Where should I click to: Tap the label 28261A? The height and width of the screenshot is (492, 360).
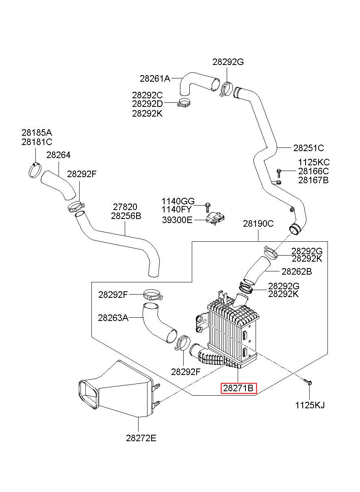(155, 78)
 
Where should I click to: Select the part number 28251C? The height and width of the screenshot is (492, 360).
(309, 148)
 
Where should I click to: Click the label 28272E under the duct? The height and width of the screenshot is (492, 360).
(141, 438)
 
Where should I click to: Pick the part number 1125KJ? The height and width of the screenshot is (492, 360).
(310, 405)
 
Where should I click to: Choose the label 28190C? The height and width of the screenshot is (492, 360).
(258, 223)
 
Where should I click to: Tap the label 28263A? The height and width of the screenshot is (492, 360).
(113, 318)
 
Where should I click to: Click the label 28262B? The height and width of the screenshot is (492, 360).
(297, 271)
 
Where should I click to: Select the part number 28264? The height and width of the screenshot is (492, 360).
(58, 155)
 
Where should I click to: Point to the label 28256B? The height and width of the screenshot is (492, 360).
(126, 216)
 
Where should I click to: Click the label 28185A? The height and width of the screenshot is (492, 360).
(37, 132)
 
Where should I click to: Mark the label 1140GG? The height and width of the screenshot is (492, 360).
(178, 201)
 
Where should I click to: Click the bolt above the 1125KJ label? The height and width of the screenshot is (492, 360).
(307, 381)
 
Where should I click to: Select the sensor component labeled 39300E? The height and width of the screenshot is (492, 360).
(216, 218)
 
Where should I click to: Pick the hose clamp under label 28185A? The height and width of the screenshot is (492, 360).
(35, 170)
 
